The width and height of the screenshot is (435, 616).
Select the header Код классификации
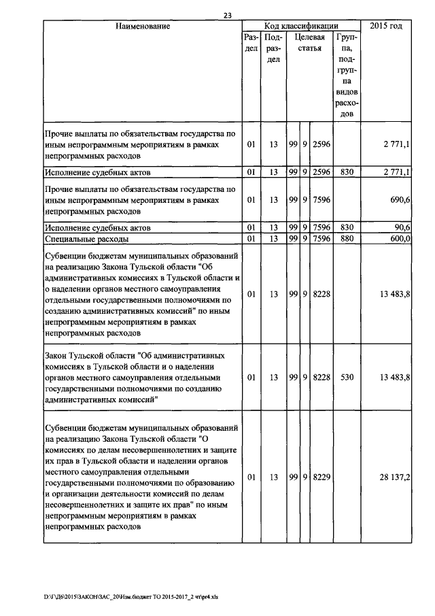click(301, 26)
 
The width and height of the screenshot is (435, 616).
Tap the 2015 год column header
click(386, 27)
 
